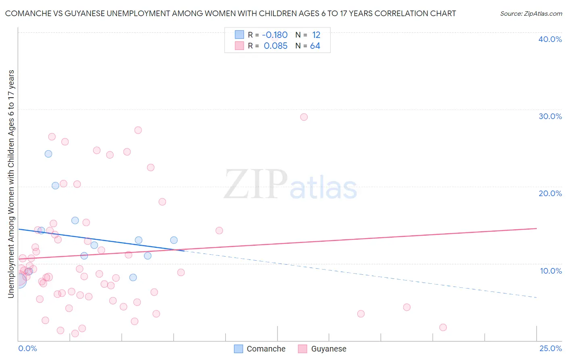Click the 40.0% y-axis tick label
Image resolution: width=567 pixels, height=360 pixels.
(550, 39)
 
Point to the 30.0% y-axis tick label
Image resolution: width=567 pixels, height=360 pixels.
(550, 116)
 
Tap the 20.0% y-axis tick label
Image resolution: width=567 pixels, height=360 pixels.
(550, 193)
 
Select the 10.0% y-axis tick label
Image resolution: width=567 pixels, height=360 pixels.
(551, 271)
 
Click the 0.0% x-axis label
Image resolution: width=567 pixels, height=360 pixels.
(27, 348)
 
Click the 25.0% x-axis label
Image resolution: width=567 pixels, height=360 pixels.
(550, 348)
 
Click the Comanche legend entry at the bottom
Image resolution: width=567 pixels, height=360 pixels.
(260, 349)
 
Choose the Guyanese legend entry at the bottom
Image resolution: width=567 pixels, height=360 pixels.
(323, 349)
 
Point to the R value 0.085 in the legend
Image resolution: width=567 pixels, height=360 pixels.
(275, 46)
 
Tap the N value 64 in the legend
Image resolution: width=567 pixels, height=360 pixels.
(315, 46)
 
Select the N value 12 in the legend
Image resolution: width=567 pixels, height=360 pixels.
(316, 35)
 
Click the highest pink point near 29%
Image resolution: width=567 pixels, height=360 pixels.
(304, 117)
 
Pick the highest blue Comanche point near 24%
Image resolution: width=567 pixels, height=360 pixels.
(48, 154)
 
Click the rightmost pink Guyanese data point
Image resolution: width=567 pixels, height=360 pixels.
(443, 327)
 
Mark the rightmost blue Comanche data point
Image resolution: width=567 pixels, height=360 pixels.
(174, 240)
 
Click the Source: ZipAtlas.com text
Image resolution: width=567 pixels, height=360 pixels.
(531, 14)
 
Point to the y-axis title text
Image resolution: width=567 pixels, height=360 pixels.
(11, 184)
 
